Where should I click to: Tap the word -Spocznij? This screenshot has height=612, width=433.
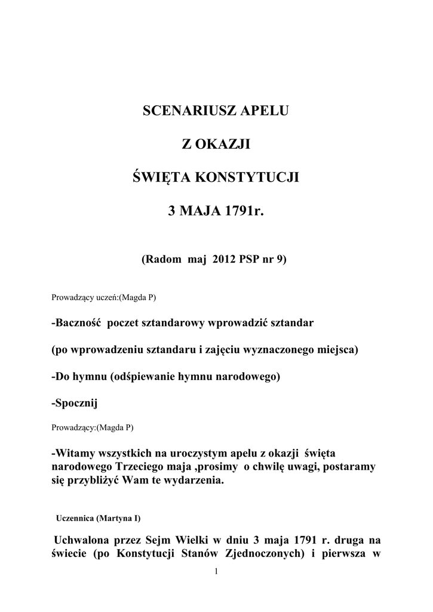tap(74, 404)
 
